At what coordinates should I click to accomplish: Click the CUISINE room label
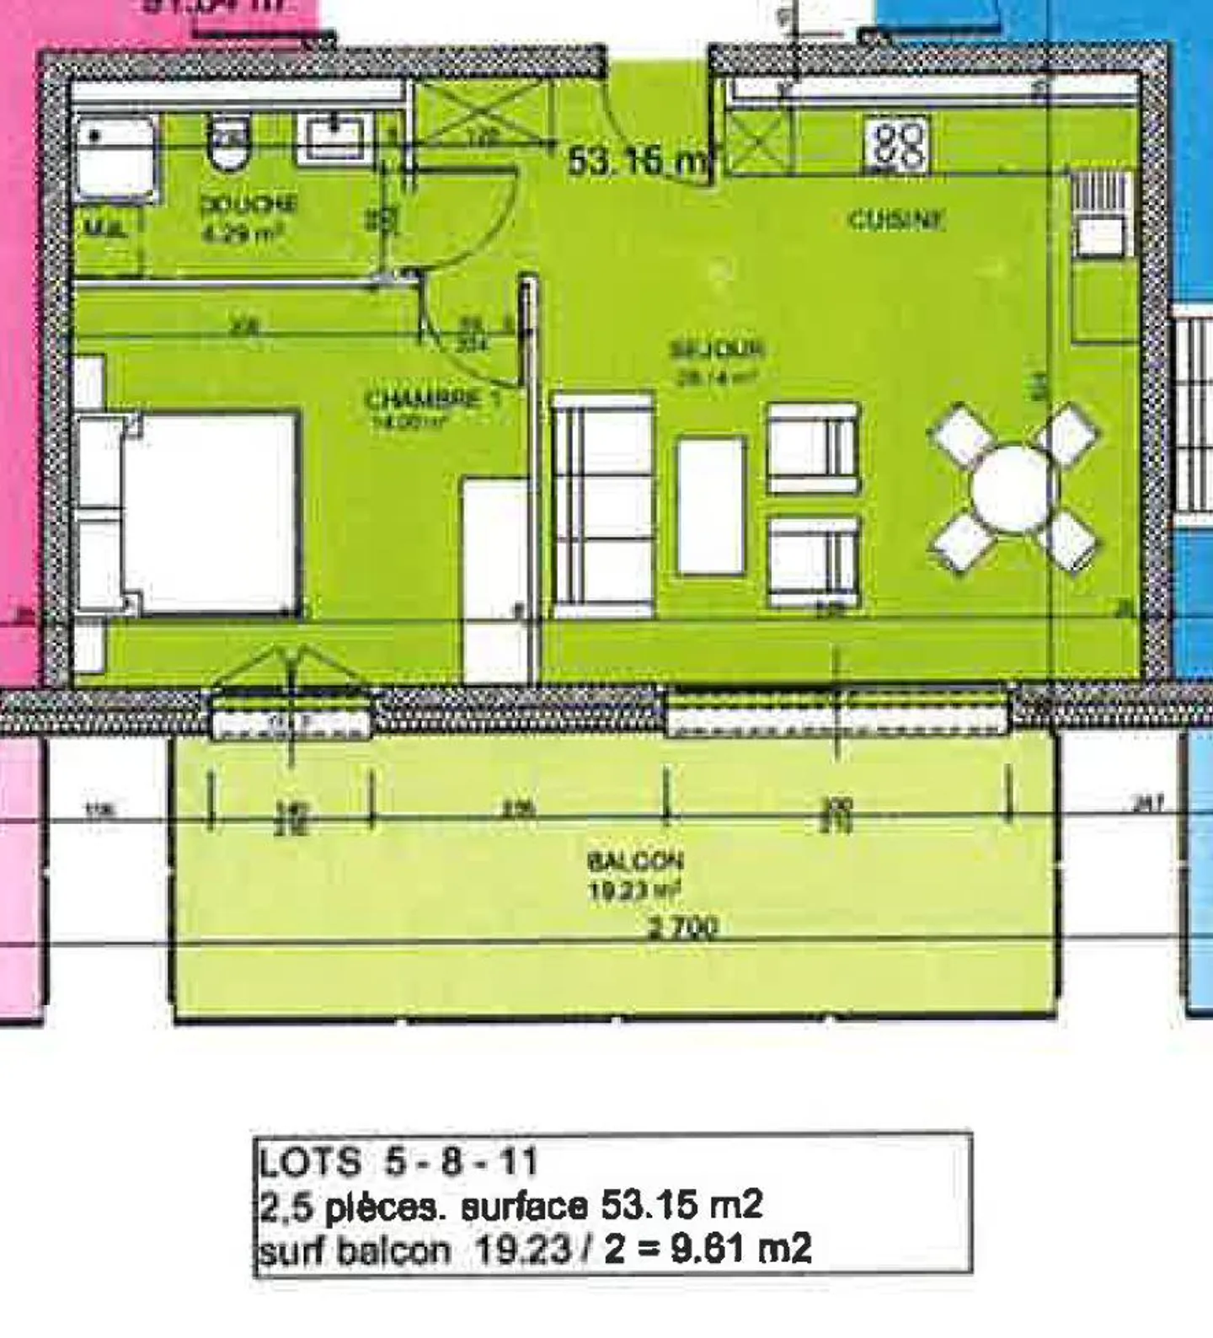[x=895, y=220]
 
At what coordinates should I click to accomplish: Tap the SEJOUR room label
[x=717, y=348]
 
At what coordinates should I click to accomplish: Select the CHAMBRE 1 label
[x=433, y=399]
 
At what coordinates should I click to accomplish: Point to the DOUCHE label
[x=248, y=204]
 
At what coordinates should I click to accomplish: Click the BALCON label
[x=635, y=861]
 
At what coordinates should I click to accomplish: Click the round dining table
[x=1013, y=489]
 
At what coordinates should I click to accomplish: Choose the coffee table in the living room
[x=712, y=505]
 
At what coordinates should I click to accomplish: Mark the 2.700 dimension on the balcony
[x=683, y=928]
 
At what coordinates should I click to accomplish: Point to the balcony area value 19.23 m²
[x=634, y=891]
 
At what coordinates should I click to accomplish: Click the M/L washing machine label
[x=107, y=227]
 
